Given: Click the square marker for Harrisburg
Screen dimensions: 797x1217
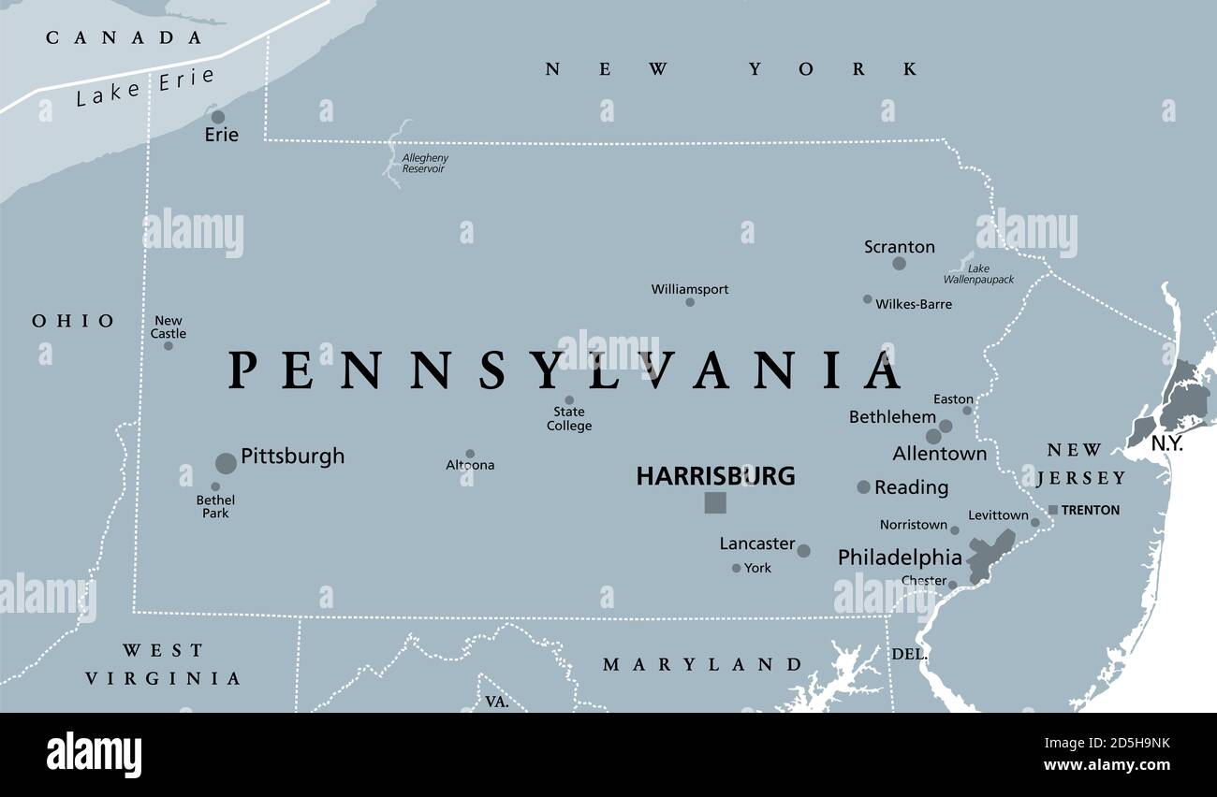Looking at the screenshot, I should point(715,502).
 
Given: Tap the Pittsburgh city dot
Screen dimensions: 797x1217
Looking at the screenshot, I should point(226,463).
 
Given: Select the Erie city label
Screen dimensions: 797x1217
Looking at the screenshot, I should point(222,135).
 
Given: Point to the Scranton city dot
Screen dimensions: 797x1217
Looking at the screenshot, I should point(899,264).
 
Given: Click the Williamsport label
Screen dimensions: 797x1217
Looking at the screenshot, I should point(690,289).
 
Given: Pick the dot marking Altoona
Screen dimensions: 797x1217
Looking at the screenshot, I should point(470,454).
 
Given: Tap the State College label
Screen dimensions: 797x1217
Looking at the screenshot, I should point(569,419).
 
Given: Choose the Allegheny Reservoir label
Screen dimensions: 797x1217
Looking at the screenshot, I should point(424,164).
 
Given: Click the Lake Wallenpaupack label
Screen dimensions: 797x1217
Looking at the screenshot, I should point(978,274).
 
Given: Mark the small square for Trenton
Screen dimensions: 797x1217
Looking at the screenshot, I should point(1053,510).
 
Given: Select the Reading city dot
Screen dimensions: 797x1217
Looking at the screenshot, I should point(863,486).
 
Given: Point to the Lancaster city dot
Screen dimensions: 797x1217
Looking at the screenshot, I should point(803,551).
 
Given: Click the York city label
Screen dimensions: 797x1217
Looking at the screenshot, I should point(757,568).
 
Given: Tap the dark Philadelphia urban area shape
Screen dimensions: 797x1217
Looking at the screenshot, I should point(989,555).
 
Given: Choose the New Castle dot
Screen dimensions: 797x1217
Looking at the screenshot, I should point(169,345).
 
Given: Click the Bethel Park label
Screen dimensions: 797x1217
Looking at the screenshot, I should point(215,506).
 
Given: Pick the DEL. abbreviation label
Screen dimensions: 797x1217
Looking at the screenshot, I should point(909,654).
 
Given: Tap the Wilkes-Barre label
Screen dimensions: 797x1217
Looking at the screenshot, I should point(914,304).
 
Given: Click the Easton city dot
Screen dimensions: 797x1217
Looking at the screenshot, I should point(967,410).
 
